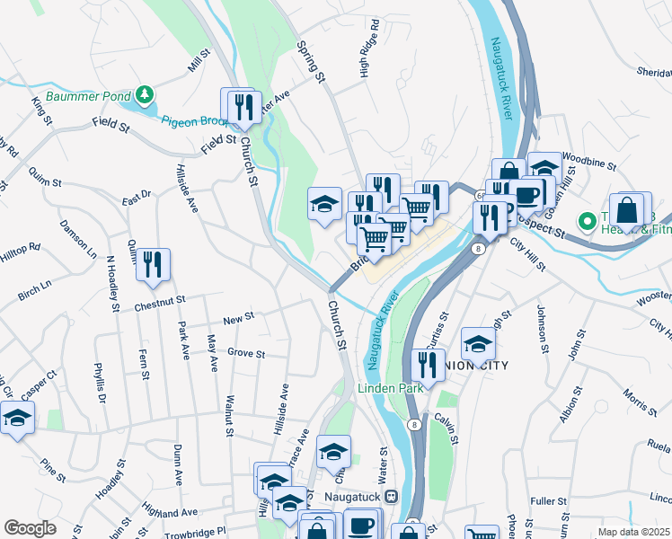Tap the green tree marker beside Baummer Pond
(144, 94)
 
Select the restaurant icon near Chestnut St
(155, 264)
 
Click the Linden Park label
(389, 389)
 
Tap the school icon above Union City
(478, 343)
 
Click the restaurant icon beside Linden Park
(426, 365)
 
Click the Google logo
(30, 528)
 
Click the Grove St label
(246, 354)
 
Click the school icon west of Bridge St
(323, 203)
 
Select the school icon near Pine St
(17, 418)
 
